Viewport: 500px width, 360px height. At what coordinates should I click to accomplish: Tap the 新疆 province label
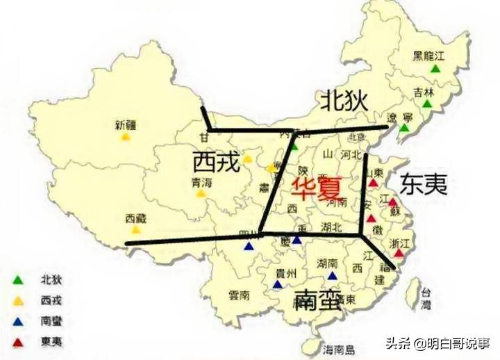point(126,125)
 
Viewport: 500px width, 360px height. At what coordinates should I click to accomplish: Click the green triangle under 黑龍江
point(435,69)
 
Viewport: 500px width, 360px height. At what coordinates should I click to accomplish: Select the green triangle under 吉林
point(426,104)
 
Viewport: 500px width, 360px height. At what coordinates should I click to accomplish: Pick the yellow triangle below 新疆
point(126,137)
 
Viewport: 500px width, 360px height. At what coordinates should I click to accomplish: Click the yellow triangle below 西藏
point(137,229)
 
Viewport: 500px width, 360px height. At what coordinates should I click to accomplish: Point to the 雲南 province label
point(240,295)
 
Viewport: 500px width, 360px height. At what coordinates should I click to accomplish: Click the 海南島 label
point(339,349)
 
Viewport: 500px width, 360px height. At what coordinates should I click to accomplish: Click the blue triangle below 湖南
point(332,275)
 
